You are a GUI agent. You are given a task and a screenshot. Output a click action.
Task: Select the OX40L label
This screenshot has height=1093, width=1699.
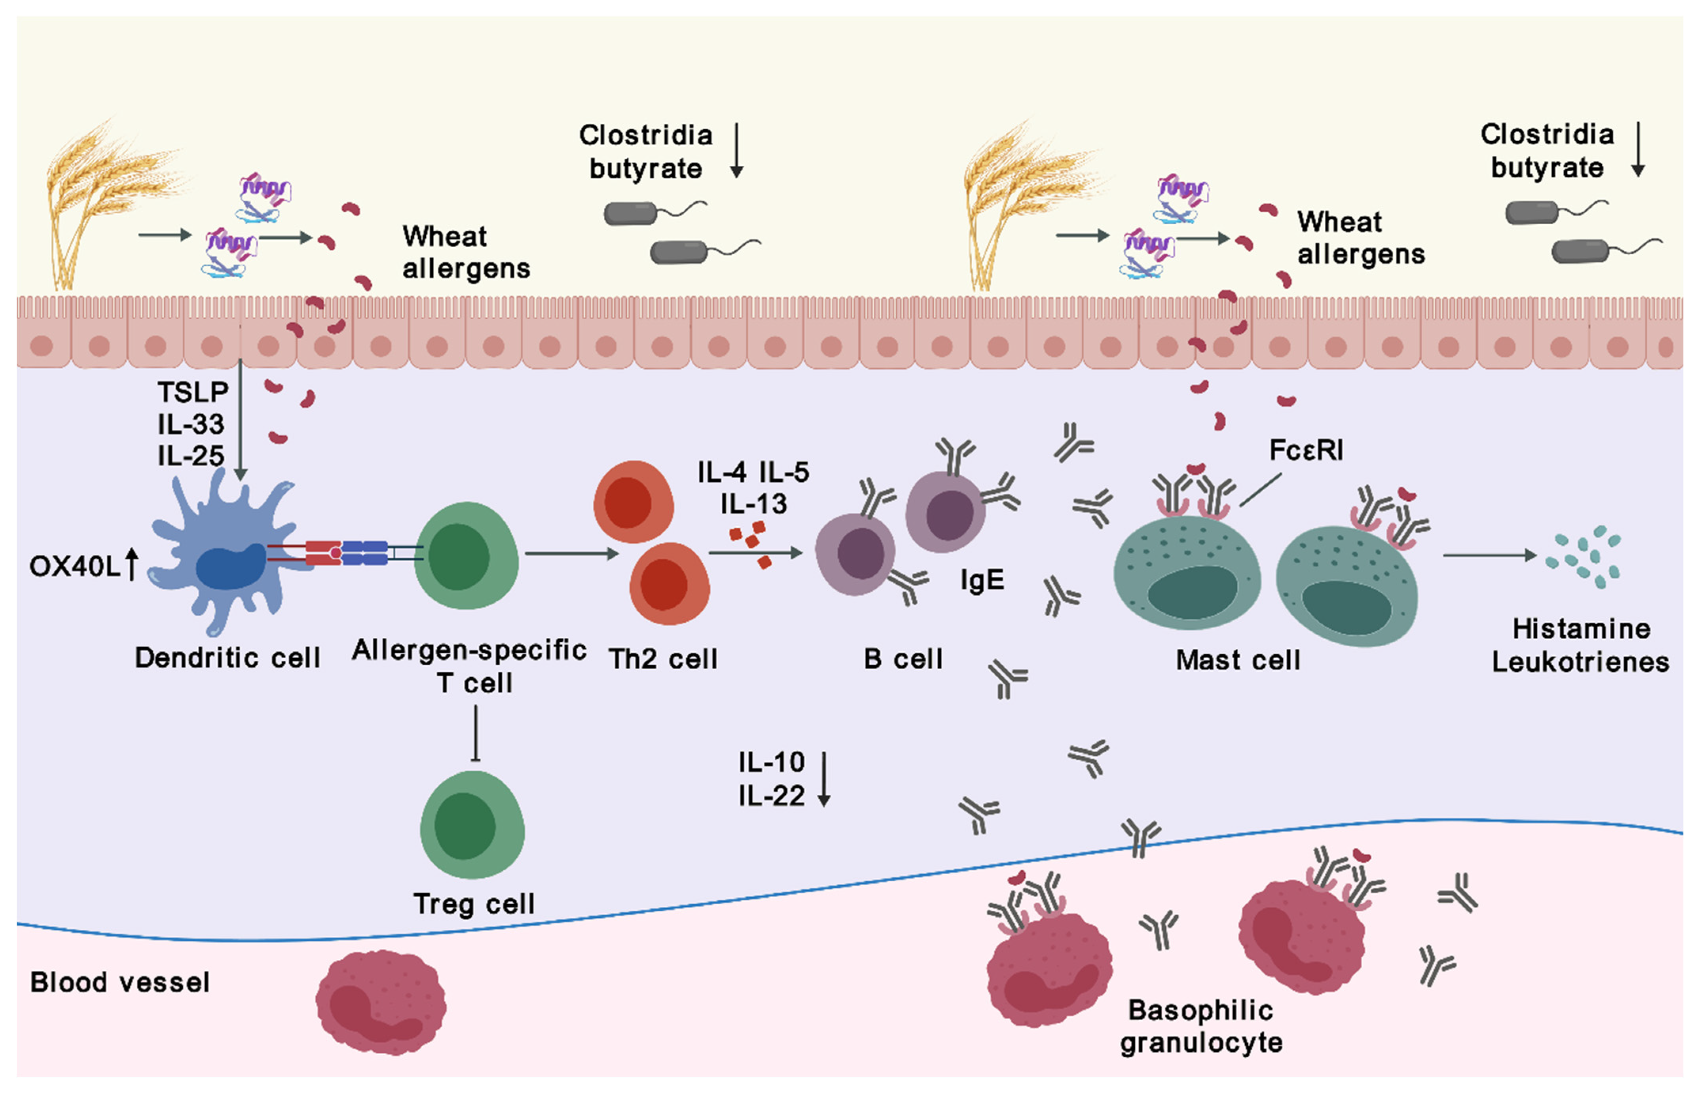pos(74,566)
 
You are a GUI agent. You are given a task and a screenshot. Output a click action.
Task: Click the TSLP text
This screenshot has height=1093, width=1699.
pos(192,392)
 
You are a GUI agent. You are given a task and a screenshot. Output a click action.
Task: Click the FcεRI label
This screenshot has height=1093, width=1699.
pos(1305,450)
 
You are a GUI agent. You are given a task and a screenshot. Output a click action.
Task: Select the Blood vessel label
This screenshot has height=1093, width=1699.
pos(119,982)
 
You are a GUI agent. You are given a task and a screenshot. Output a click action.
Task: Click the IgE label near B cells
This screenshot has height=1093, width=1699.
pos(982,581)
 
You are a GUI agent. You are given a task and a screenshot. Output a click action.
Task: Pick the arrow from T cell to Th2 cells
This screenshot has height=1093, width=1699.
pos(571,553)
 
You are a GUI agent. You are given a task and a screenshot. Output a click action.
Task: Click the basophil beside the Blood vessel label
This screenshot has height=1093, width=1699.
pos(381,1002)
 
